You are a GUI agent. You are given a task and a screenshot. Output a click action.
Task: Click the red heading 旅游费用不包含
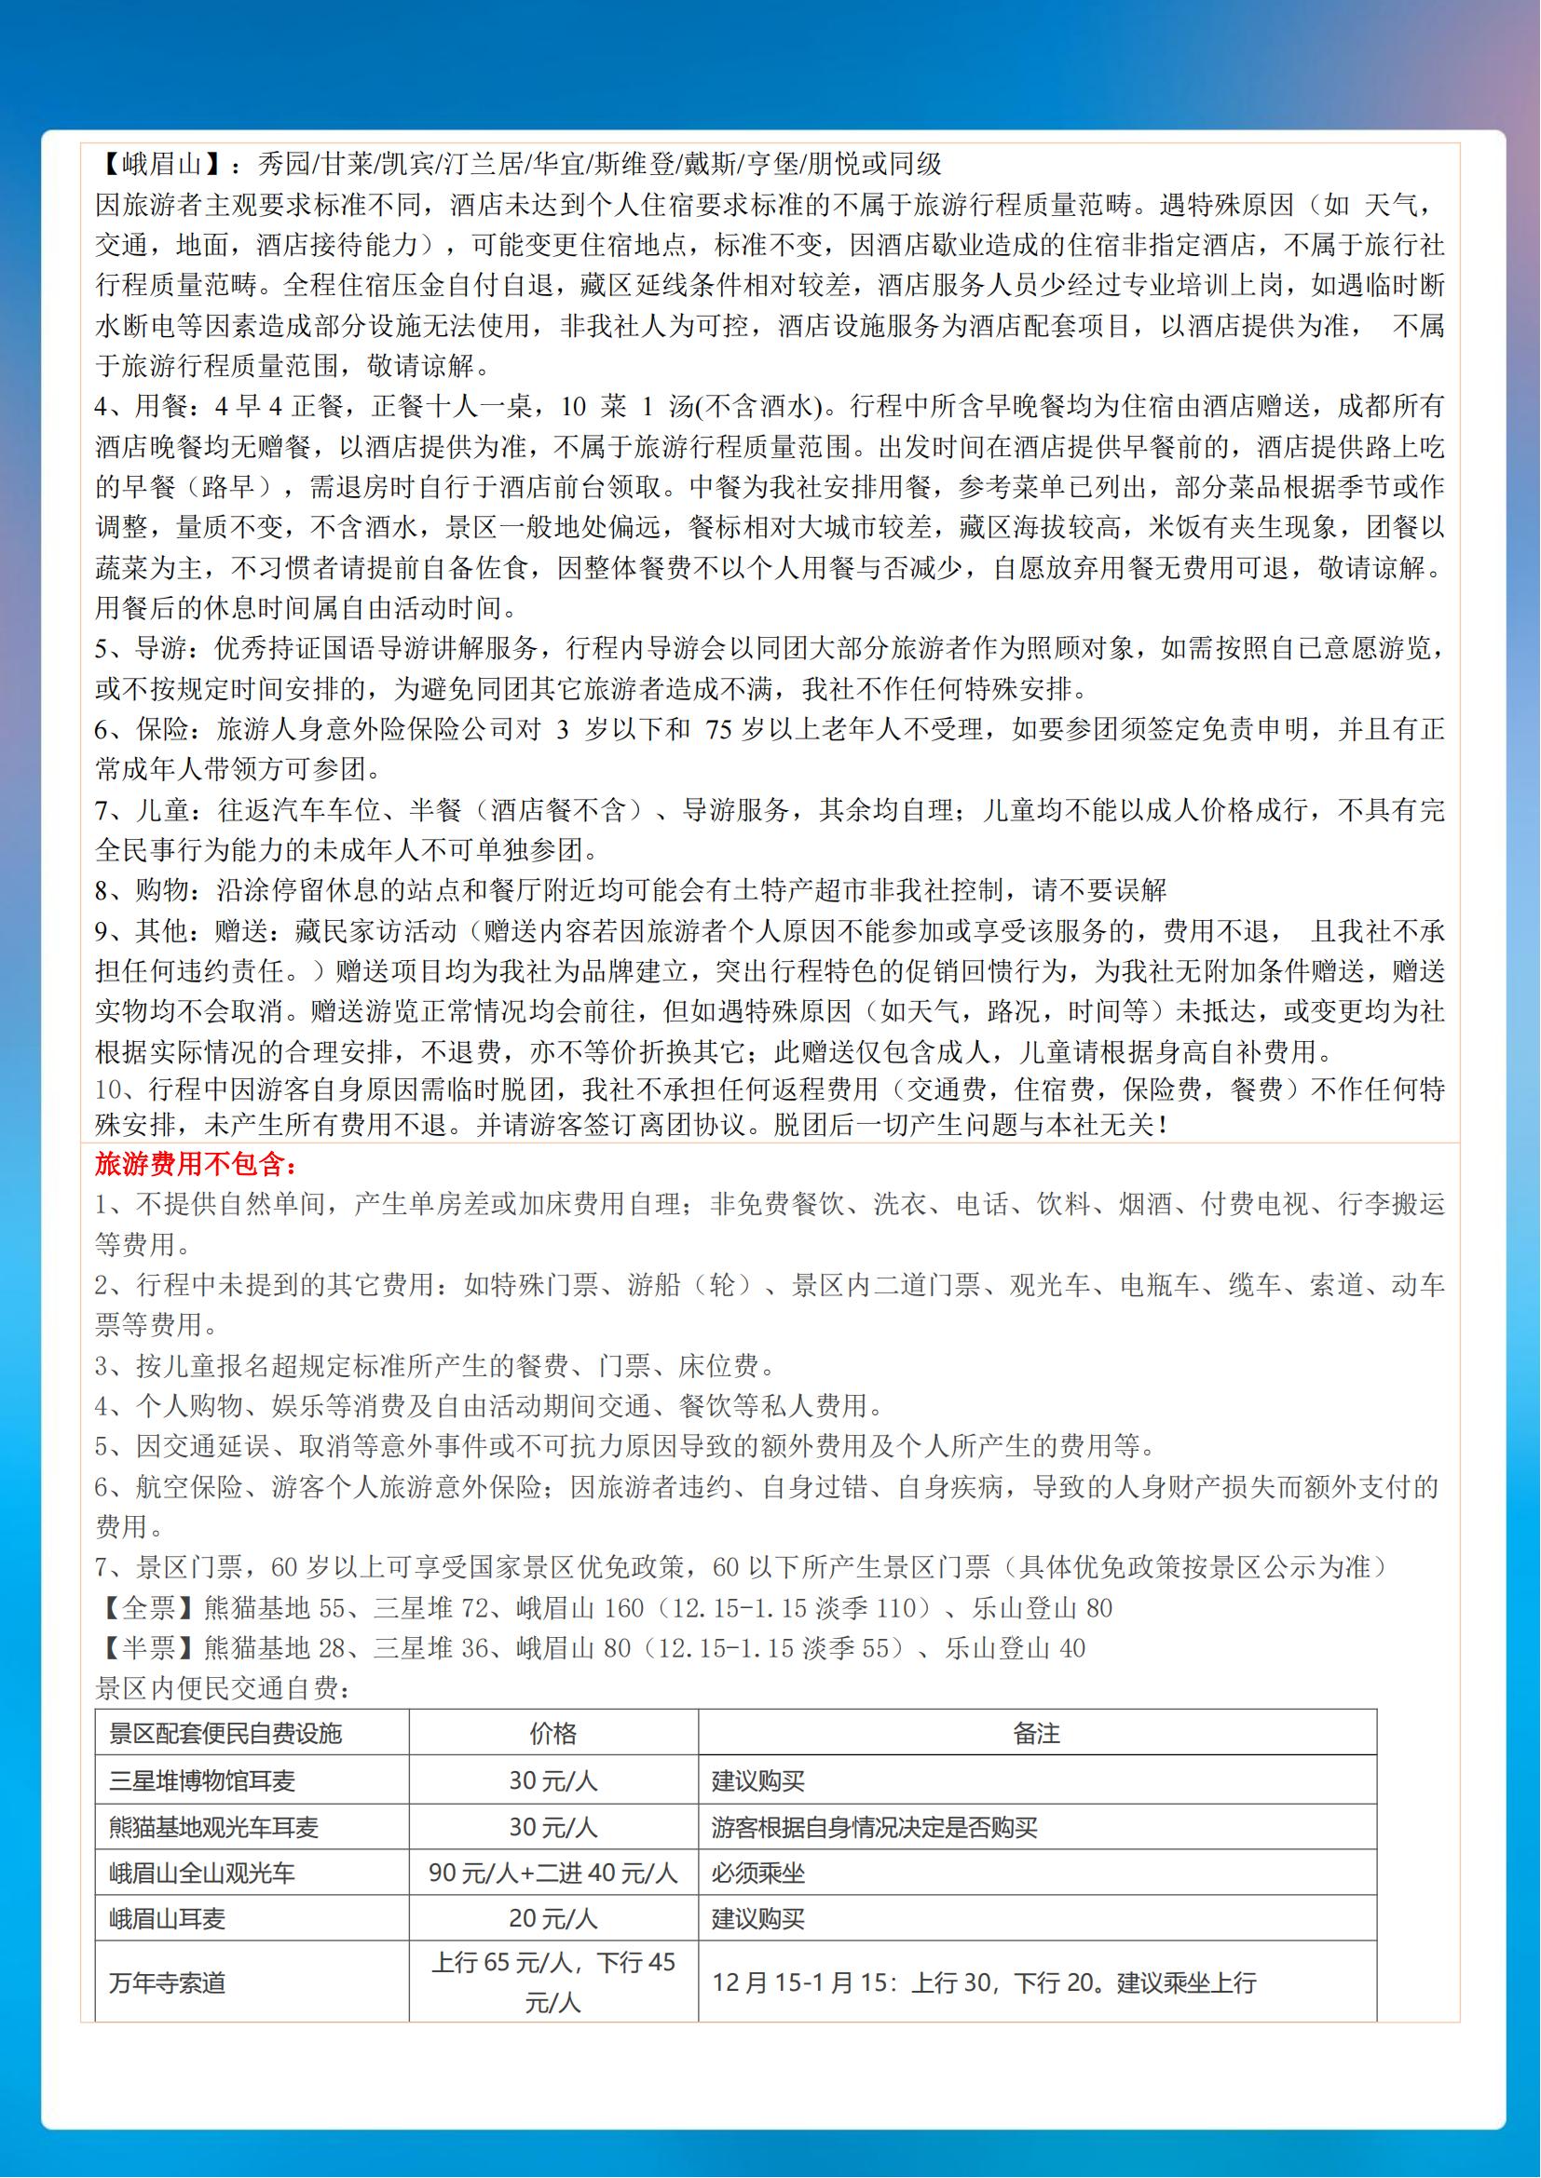pyautogui.click(x=197, y=1163)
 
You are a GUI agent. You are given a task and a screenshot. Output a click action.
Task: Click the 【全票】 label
pyautogui.click(x=149, y=1608)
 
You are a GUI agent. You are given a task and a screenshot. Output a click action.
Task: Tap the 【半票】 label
pyautogui.click(x=149, y=1648)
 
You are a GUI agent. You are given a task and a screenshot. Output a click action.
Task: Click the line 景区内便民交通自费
pyautogui.click(x=224, y=1688)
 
